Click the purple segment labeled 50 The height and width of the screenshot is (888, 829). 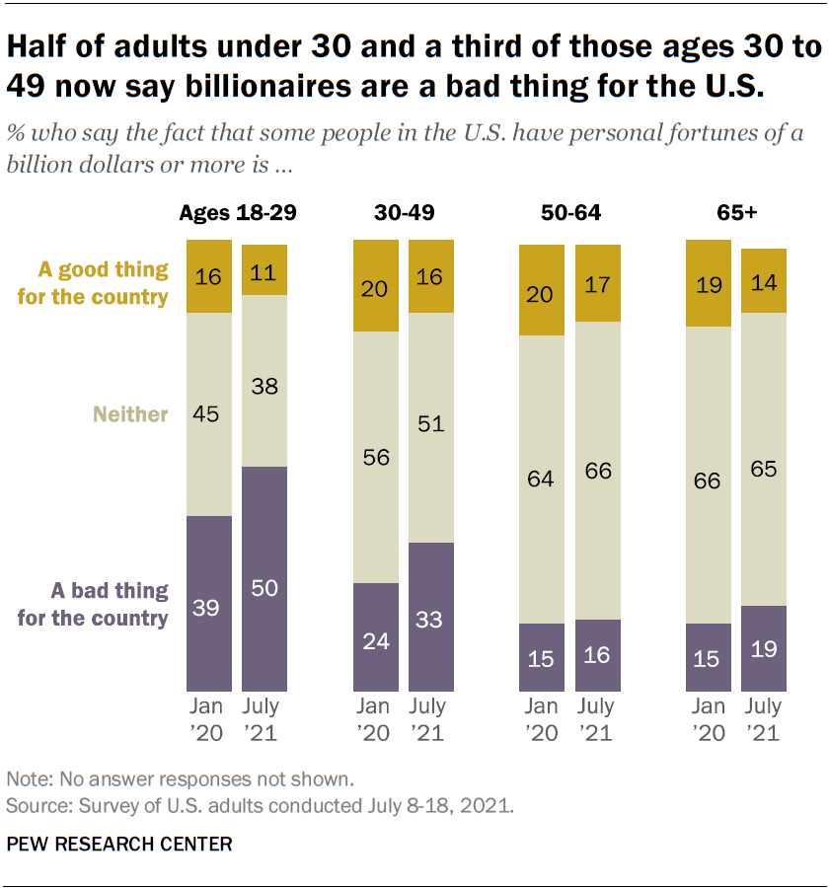coord(264,578)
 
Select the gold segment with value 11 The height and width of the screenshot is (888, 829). coord(264,269)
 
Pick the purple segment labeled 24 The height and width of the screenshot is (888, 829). coord(376,636)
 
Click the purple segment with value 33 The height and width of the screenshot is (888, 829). coord(431,617)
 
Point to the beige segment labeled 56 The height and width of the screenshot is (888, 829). coord(376,457)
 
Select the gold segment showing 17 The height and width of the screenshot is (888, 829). coord(597,283)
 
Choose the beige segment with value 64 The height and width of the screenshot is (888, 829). coord(542,480)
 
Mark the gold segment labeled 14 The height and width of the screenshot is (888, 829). coord(764,281)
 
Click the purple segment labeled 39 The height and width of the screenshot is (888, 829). coord(209,603)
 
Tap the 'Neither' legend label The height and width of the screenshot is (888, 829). coord(130,414)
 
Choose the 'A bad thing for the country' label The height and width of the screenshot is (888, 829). coord(110,604)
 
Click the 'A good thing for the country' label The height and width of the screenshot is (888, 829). coord(104,282)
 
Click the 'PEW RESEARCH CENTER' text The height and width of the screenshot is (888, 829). coord(119,844)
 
